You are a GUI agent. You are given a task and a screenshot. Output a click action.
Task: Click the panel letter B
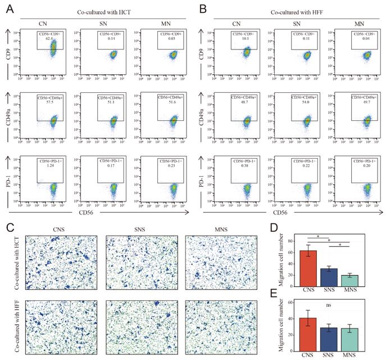point(197,7)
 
